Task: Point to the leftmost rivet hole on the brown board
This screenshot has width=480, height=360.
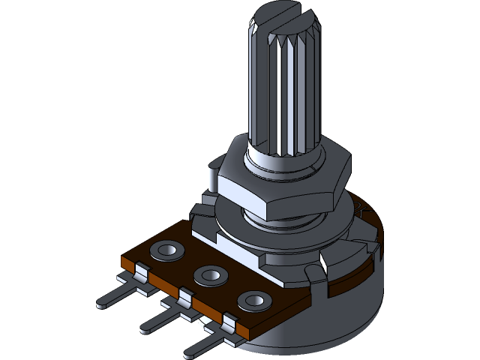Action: click(166, 250)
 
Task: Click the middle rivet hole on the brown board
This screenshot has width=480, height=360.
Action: click(209, 275)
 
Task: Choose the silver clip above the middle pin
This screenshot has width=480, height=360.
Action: click(183, 298)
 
